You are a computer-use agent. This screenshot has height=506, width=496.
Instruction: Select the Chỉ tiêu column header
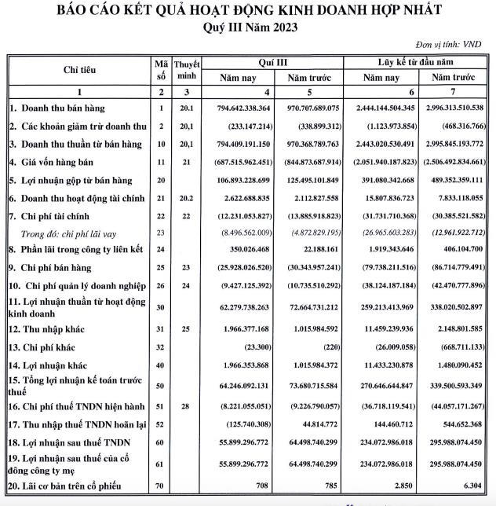(80, 70)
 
